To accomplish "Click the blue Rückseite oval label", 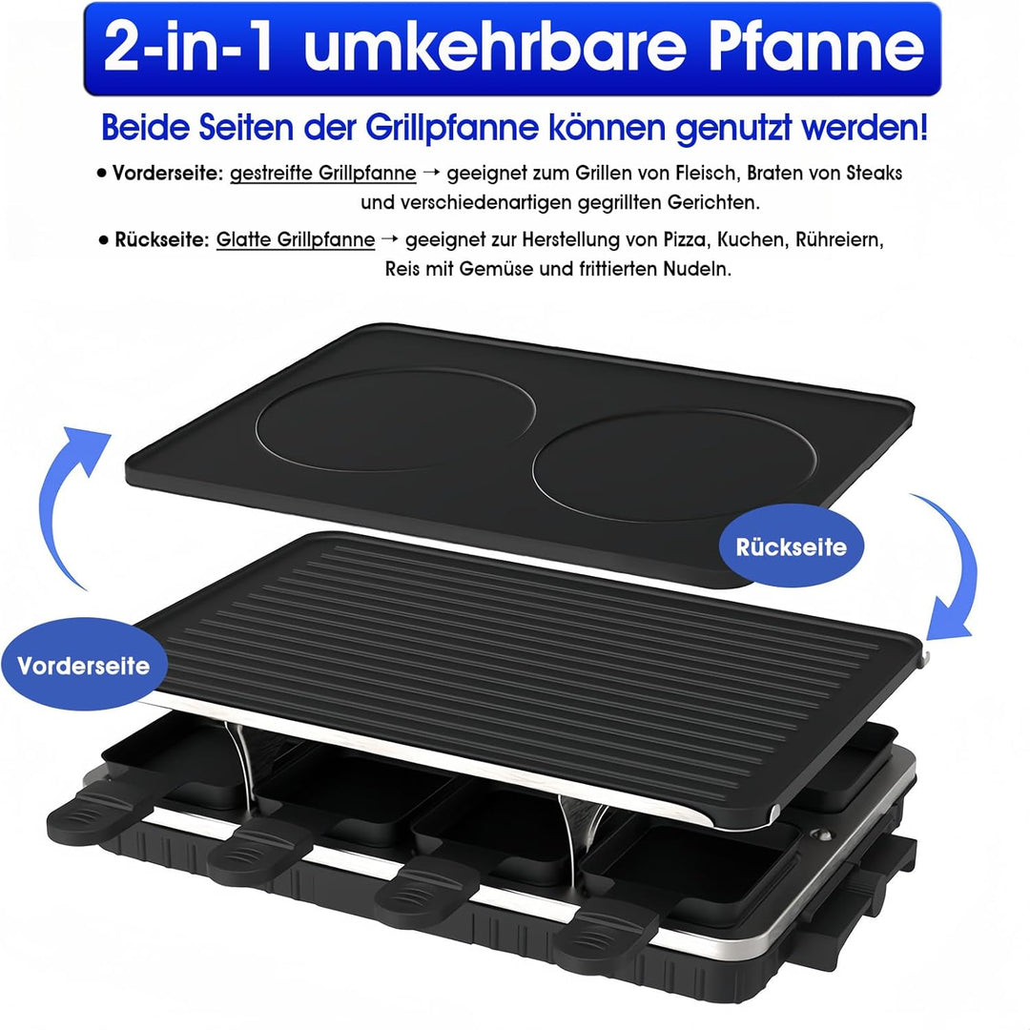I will [x=791, y=547].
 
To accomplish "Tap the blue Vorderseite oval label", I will [x=83, y=665].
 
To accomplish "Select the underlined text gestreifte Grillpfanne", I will [x=322, y=174].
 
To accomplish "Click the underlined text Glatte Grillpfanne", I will [x=295, y=239].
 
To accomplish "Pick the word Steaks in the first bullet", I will [x=875, y=174].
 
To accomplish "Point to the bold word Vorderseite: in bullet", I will [x=167, y=174].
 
